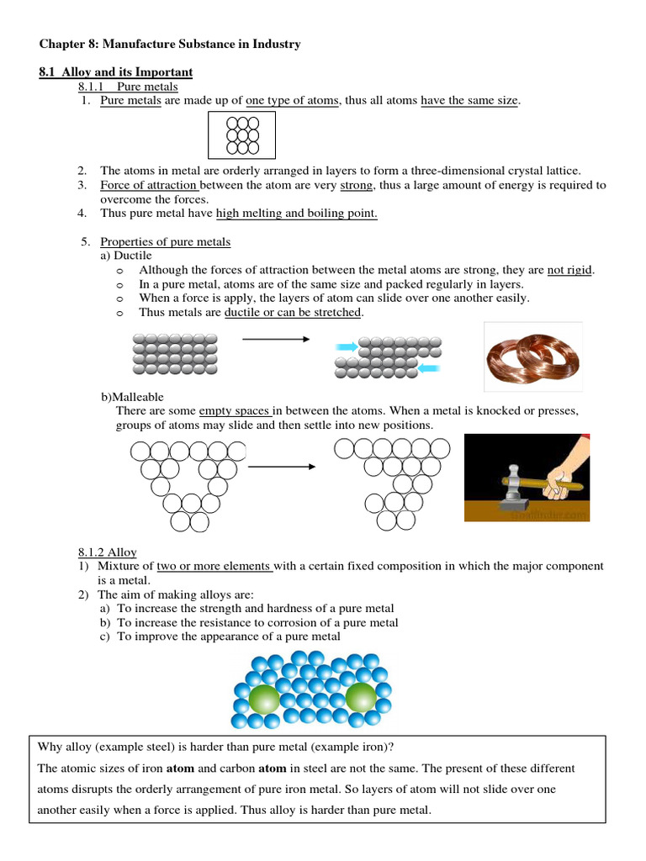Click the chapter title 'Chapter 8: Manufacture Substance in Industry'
point(170,43)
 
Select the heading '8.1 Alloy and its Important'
point(115,71)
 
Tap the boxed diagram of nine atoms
point(242,135)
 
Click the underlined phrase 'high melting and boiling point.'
point(297,214)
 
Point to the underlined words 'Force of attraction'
point(149,185)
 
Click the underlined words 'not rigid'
point(569,270)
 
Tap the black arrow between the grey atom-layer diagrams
point(276,340)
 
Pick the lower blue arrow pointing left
point(428,368)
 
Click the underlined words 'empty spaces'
point(235,411)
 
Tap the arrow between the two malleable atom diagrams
point(282,466)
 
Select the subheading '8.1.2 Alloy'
point(107,552)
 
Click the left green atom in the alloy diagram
point(264,698)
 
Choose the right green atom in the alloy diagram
point(361,697)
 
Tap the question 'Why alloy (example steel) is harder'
point(216,747)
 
